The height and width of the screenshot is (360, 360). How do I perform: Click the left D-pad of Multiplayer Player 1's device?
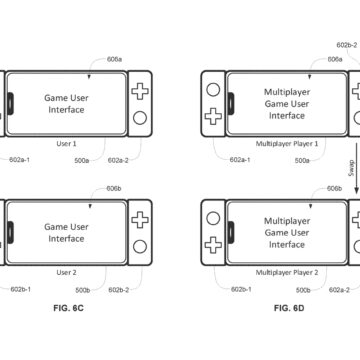[212, 119]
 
